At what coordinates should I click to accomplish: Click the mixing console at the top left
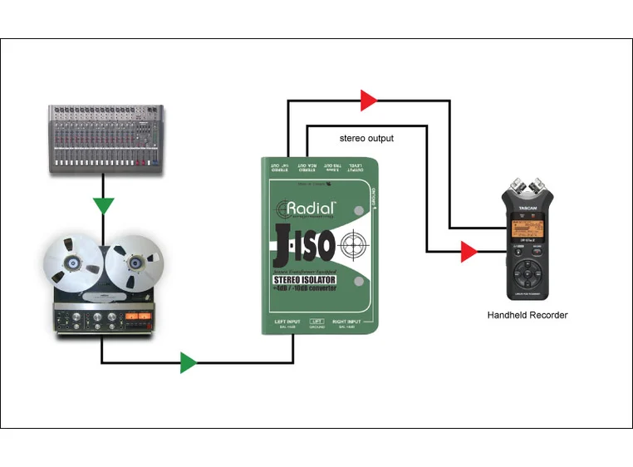(x=105, y=137)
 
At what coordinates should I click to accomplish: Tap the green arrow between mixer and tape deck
(x=103, y=204)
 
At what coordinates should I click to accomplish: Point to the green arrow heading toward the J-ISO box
(x=188, y=362)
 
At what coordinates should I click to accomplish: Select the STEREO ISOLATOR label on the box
(x=307, y=281)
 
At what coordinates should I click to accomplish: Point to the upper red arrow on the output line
(x=368, y=101)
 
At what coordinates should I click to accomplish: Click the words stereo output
(x=366, y=138)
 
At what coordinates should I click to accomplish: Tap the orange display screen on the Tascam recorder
(x=529, y=230)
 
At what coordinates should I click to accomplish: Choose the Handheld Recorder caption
(x=528, y=316)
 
